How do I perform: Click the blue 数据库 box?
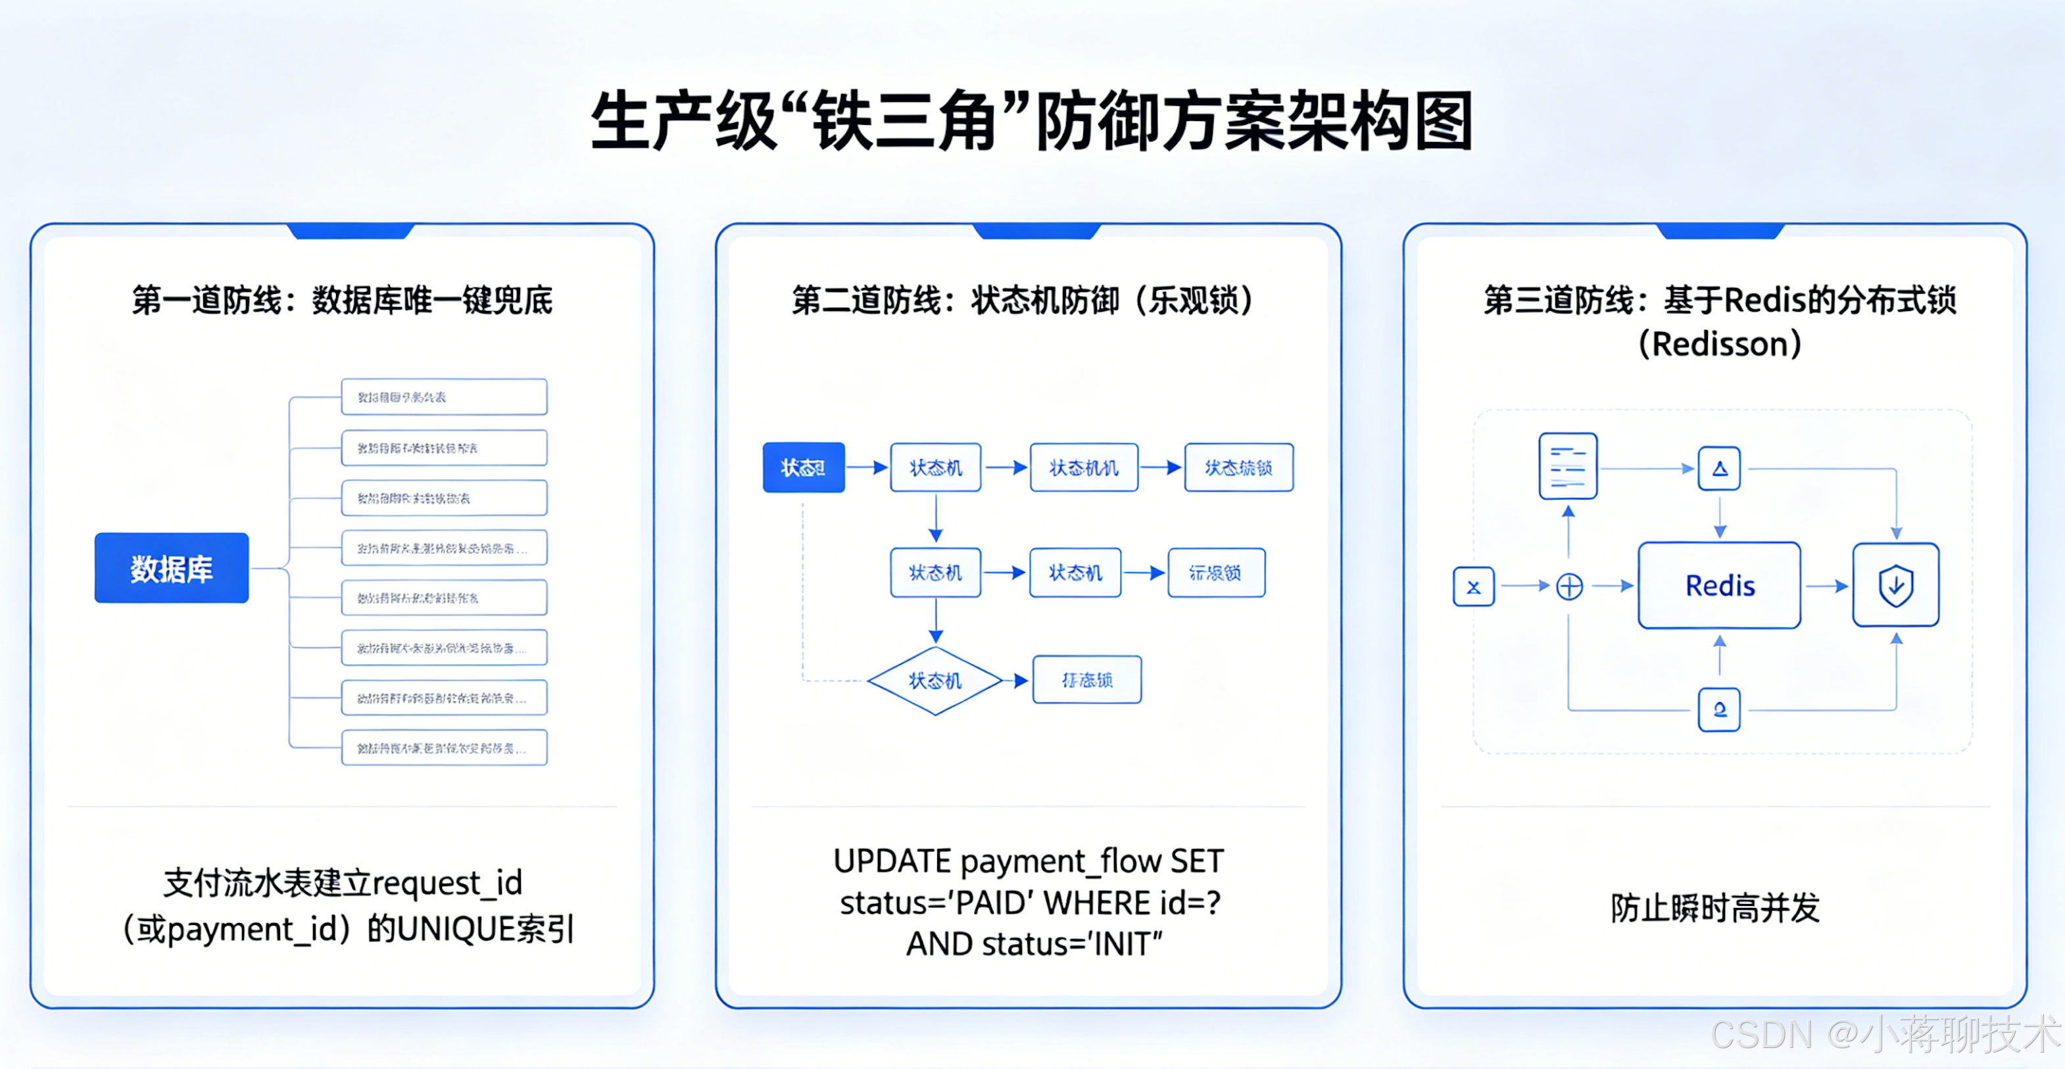[172, 568]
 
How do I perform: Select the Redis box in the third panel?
[1720, 586]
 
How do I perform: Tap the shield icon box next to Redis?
[1896, 585]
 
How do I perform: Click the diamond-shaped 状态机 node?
[935, 680]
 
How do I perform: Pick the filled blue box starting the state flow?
[803, 467]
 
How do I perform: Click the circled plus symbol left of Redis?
[1568, 586]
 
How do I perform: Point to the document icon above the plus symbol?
[1568, 466]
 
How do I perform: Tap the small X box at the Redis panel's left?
[1473, 586]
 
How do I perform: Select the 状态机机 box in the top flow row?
[1084, 467]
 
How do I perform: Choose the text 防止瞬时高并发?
[1716, 908]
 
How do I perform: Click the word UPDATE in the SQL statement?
[891, 861]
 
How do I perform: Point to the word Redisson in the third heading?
[1720, 344]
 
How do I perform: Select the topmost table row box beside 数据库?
[444, 396]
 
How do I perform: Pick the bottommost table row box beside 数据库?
[444, 748]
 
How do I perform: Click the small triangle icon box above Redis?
[1720, 469]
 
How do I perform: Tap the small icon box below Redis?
[1720, 709]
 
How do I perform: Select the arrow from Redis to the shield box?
[1826, 586]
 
